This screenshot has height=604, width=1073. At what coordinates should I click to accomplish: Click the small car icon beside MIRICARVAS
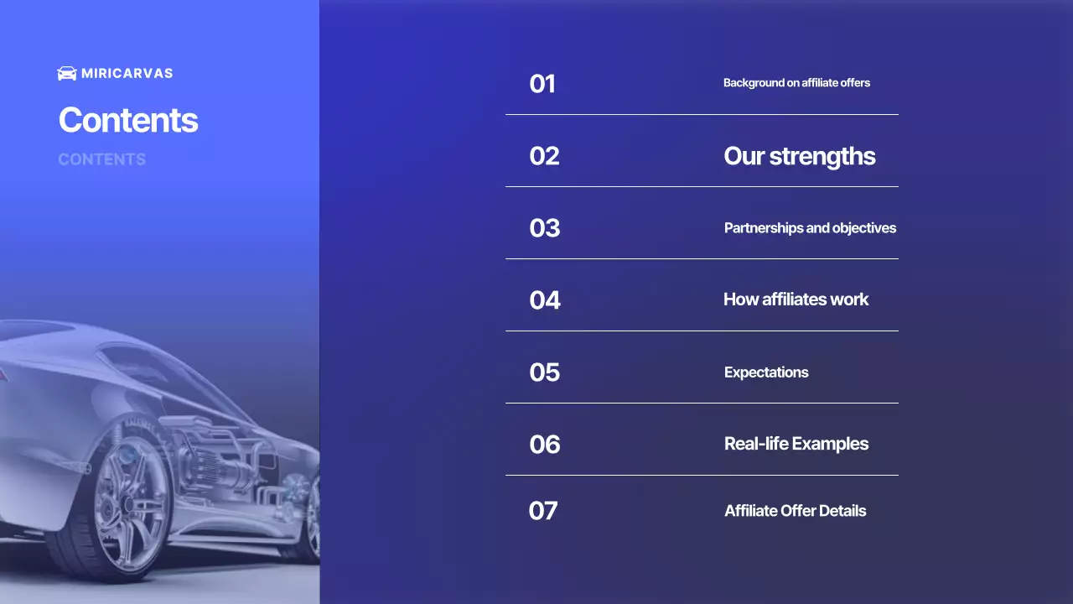pos(66,74)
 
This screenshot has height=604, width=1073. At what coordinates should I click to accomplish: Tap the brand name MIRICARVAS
pos(127,74)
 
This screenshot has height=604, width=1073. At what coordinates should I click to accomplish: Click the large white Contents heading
pos(128,120)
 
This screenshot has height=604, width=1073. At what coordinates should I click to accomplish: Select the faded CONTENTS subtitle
pos(101,159)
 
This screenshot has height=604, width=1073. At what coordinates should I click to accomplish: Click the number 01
pos(542,84)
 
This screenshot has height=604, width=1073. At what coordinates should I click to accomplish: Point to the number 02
pos(544,156)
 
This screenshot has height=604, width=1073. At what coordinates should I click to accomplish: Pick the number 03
pos(544,228)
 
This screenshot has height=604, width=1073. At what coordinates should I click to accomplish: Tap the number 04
pos(544,300)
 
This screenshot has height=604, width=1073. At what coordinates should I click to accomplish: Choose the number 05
pos(544,372)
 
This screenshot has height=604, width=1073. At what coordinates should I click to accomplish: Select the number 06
pos(544,444)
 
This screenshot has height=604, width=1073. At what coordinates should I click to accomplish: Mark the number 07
pos(542,511)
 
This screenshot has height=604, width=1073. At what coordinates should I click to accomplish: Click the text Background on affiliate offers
pos(796,83)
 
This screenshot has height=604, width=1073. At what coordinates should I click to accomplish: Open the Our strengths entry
pos(799,156)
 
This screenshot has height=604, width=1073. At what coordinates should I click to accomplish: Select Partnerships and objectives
pos(810,228)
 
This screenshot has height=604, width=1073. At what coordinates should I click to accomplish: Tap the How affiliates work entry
pos(796,299)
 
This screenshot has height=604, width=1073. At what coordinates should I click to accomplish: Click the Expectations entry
pos(766,372)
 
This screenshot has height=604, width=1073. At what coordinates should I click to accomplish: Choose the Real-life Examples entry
pos(796,444)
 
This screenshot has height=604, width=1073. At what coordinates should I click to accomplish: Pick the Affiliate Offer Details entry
pos(795,511)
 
